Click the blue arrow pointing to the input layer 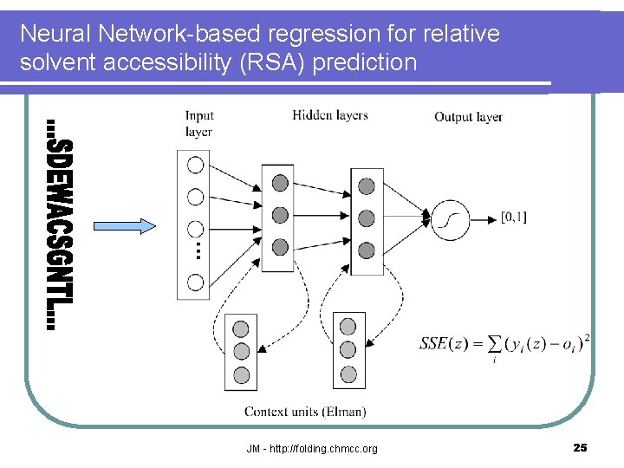tap(124, 226)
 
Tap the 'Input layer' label tap(199, 124)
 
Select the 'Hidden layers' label tap(329, 115)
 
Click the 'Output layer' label tap(468, 117)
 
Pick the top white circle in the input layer tap(196, 165)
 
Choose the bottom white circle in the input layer tap(196, 282)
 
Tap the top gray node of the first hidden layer tap(280, 183)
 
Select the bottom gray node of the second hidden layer tap(367, 250)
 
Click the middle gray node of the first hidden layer tap(280, 215)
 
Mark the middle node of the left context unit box tap(241, 351)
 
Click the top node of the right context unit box tap(348, 327)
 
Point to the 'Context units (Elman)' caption tap(305, 412)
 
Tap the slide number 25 tap(580, 447)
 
